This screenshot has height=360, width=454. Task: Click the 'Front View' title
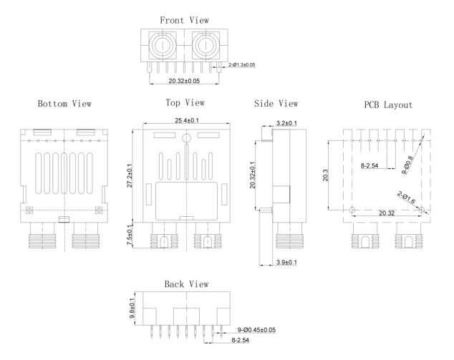[185, 20]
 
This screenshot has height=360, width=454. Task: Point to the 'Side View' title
[276, 104]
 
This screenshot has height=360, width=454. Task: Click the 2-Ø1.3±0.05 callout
[241, 65]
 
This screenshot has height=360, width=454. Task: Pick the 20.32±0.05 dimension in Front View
[184, 81]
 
